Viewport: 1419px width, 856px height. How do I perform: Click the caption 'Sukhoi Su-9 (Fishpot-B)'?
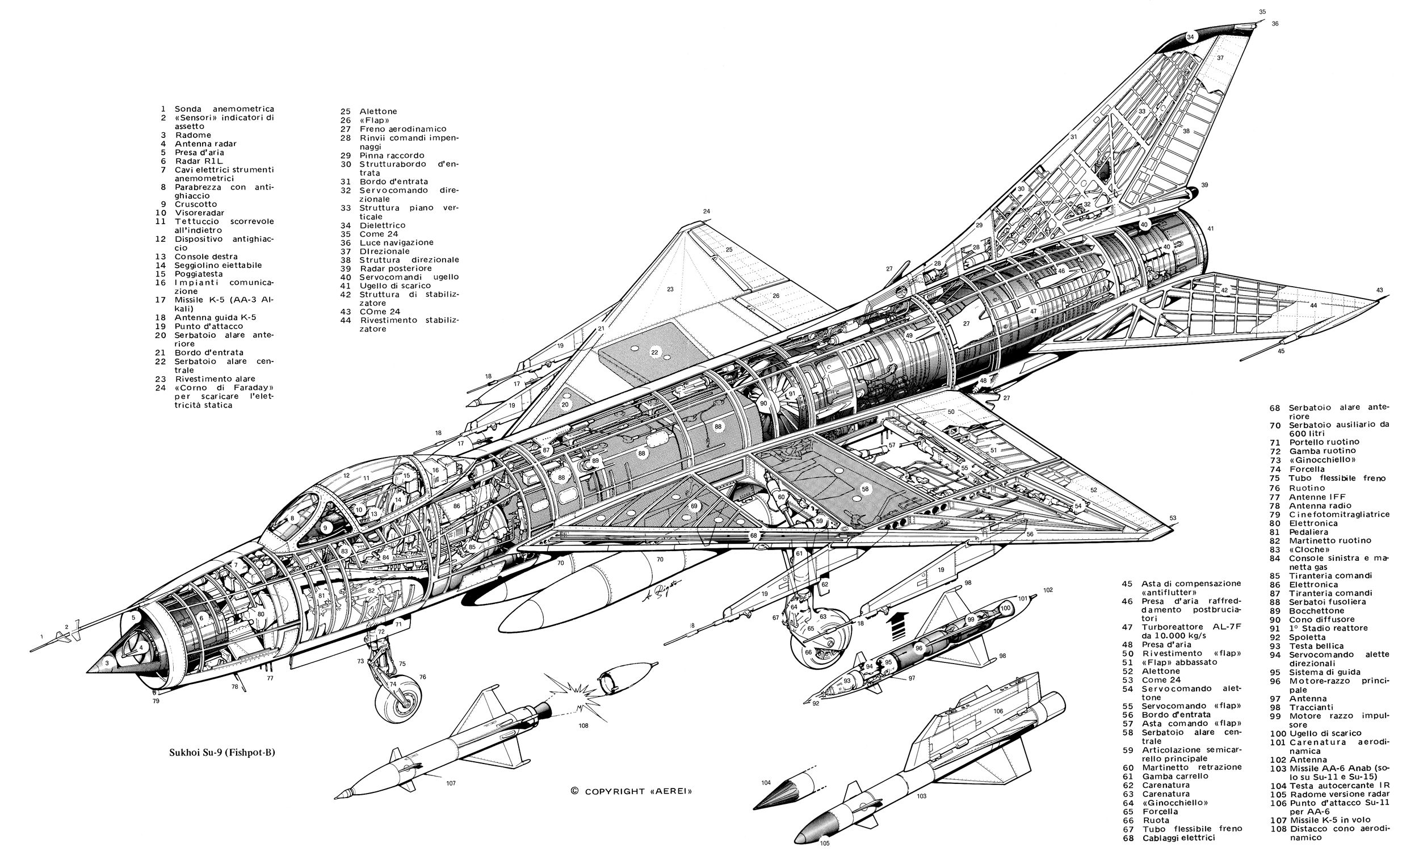(x=222, y=752)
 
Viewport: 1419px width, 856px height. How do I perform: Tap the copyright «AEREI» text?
(x=632, y=791)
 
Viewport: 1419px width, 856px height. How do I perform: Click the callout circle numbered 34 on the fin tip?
(x=1190, y=37)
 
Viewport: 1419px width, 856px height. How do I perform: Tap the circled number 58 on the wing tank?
(x=865, y=489)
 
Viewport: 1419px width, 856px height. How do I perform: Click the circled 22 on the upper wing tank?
(x=654, y=352)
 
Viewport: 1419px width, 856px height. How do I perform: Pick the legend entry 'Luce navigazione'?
(x=396, y=242)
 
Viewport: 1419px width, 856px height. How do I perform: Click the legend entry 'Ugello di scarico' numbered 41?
(x=395, y=286)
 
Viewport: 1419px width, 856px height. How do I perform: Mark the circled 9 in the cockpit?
(x=325, y=527)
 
